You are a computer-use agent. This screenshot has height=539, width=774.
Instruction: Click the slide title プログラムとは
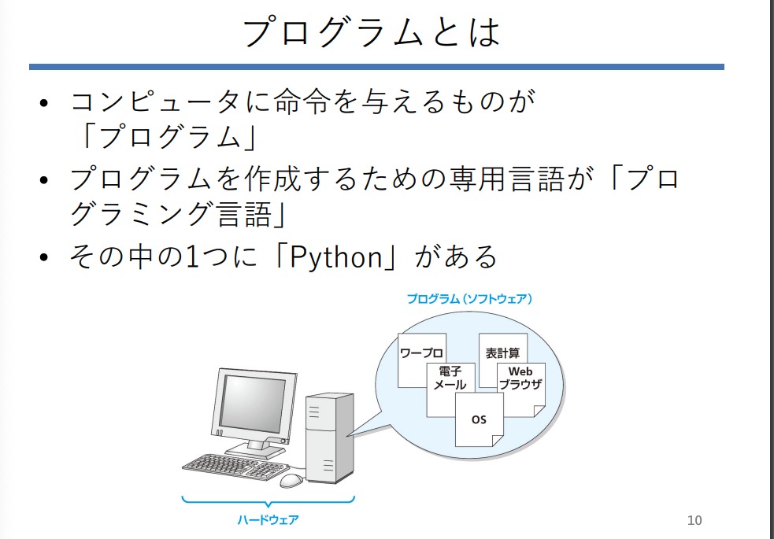tap(371, 33)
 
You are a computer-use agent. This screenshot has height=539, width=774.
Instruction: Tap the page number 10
tap(694, 520)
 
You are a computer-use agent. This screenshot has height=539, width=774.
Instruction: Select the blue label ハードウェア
tap(268, 519)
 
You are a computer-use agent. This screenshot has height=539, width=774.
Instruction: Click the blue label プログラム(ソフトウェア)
tap(469, 299)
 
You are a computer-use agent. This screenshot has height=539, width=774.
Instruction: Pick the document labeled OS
tap(479, 420)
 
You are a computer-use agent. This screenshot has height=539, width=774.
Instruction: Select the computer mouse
tap(291, 479)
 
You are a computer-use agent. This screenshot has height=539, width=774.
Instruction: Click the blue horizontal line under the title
tap(376, 67)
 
